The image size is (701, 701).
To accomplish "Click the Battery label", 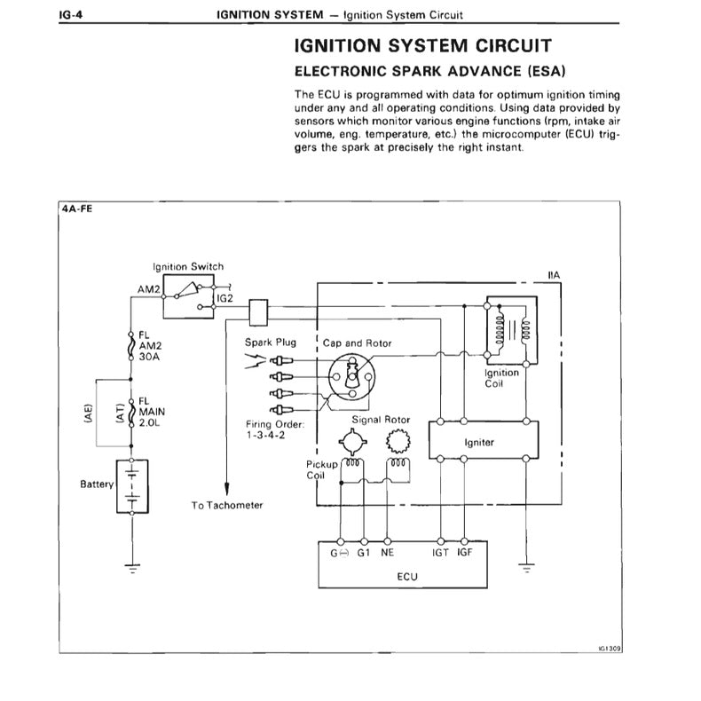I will [98, 484].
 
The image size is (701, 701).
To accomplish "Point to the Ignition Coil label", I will [501, 379].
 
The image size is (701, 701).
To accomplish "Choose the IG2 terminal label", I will [224, 298].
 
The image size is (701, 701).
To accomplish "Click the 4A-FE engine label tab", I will [77, 211].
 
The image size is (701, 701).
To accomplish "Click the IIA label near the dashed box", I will [554, 276].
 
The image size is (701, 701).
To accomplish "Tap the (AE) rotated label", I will [88, 414].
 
